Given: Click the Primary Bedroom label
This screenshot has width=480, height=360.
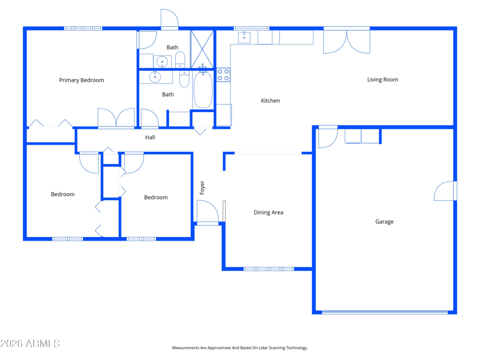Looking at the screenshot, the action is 82,80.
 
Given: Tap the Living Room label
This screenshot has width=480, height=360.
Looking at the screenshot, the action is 383,80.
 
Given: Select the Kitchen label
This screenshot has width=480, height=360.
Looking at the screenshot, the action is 271,100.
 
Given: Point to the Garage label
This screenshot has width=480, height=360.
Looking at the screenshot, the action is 385,221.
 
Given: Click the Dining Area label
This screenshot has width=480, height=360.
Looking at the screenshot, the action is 268,212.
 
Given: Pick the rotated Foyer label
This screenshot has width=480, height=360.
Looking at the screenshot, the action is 202,188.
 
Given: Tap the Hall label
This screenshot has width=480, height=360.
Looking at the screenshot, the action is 150,137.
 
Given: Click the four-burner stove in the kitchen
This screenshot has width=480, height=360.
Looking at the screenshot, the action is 223,74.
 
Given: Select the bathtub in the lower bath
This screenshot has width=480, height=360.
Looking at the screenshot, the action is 203,89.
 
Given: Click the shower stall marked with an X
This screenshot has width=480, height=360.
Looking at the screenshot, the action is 202,49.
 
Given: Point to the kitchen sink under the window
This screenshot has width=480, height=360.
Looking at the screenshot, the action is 244,37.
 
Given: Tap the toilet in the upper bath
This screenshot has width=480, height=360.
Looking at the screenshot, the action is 180,59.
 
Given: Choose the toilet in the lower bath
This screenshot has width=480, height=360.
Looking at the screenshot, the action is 184,79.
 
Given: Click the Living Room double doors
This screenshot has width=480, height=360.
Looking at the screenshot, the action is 347,41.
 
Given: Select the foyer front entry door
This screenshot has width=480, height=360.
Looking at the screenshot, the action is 208,213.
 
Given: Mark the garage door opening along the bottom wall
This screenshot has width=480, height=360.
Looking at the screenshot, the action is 385,312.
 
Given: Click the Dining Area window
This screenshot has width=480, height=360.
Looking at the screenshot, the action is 269,269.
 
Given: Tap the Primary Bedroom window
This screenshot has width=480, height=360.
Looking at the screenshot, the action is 83,28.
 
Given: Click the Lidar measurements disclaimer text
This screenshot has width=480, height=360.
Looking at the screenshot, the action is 240,348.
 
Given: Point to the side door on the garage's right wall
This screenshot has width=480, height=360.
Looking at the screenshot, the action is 445,191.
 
